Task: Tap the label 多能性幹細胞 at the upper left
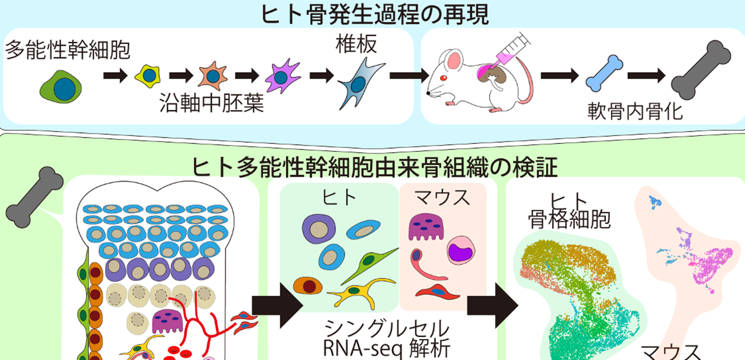[68, 51]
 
